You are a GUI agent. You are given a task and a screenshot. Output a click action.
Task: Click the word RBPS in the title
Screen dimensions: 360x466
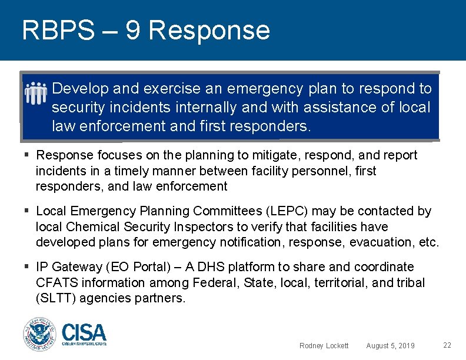point(58,30)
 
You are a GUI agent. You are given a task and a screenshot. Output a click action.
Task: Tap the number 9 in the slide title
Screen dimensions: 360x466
point(133,30)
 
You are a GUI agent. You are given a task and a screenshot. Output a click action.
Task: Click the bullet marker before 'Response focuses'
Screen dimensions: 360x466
point(27,155)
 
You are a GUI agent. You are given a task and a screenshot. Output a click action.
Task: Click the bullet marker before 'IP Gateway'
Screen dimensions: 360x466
point(27,267)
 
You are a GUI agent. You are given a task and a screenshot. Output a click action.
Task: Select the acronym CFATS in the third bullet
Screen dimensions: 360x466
point(56,283)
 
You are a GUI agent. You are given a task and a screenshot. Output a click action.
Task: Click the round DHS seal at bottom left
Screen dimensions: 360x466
point(39,335)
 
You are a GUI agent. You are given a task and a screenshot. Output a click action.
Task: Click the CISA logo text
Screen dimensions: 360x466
point(84,333)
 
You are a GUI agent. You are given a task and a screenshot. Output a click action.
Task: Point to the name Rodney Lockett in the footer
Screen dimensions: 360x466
point(324,345)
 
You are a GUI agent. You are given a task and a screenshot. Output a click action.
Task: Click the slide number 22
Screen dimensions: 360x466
point(447,345)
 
